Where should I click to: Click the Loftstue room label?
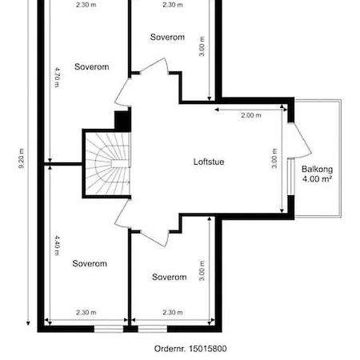pos(209,162)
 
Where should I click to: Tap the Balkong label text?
pos(317,170)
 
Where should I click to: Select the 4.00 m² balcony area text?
pos(317,178)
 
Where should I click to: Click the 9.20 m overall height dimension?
pos(22,158)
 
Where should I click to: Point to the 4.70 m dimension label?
pos(57,78)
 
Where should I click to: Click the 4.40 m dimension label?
pos(57,245)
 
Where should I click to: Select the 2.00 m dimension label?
pos(251,115)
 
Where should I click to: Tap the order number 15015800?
pos(208,349)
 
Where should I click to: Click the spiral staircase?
pos(107,163)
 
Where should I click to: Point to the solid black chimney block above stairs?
pos(122,120)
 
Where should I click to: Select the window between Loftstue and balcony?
pos(290,177)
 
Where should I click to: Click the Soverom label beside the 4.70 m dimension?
pos(92,66)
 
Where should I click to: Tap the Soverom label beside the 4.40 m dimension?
pos(90,263)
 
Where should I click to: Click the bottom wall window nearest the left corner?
pos(109,329)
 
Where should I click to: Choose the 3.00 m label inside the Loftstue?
pos(274,158)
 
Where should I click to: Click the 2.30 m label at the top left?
pos(86,5)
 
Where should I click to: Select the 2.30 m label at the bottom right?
pos(173,312)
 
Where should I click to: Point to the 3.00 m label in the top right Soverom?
pos(202,46)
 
